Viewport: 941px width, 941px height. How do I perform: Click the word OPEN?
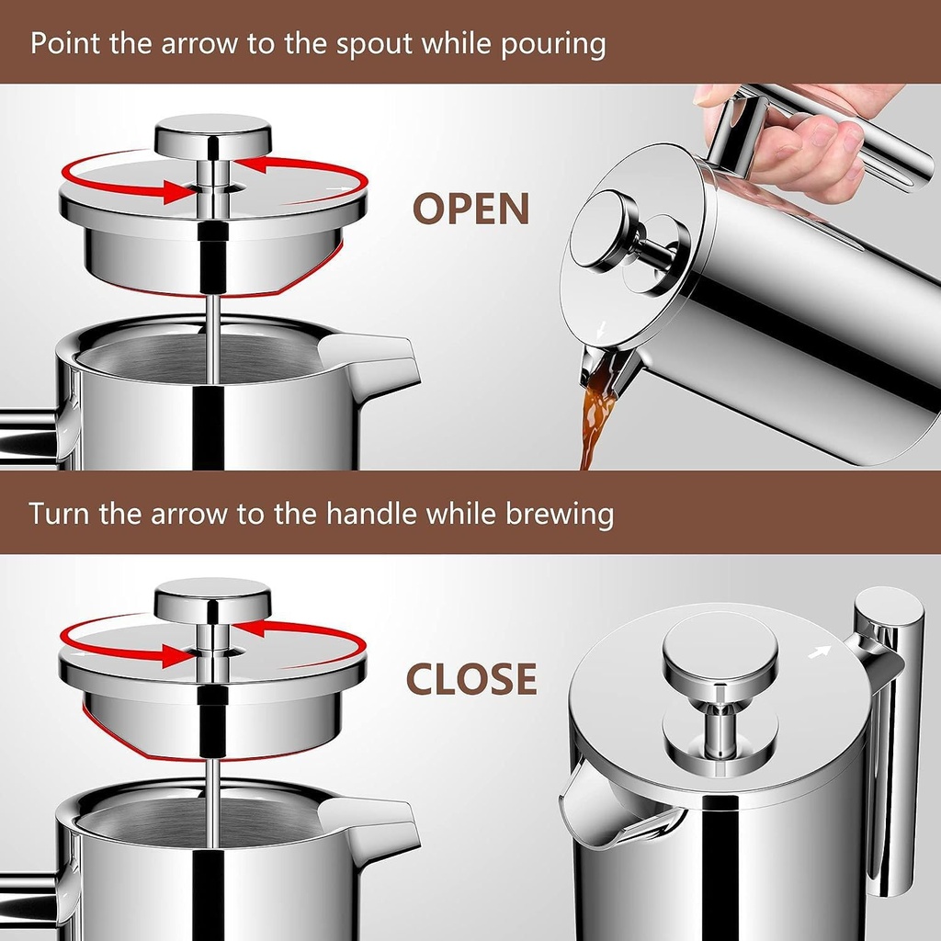[470, 209]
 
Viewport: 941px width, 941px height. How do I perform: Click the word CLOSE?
[471, 679]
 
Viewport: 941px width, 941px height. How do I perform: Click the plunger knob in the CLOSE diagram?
[212, 602]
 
